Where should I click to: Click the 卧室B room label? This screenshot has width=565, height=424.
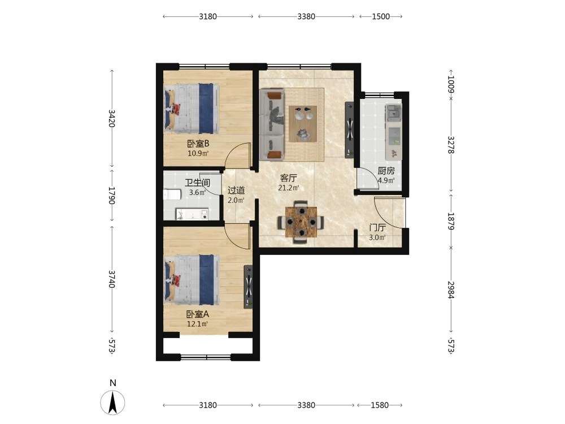pos(198,144)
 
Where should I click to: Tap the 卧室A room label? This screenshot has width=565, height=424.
pos(197,314)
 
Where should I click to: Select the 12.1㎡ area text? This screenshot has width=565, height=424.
pos(197,324)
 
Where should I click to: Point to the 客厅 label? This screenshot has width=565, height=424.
pos(289,178)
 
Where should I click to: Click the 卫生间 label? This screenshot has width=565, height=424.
pos(197,183)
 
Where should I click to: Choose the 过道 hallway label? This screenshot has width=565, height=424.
pos(236,190)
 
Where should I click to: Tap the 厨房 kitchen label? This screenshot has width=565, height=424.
pos(386,171)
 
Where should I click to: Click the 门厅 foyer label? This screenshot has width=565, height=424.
pos(377,227)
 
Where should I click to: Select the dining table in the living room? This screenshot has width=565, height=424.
pos(301,222)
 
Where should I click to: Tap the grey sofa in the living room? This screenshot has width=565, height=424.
pos(273,125)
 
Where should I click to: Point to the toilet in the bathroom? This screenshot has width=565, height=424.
pos(172,194)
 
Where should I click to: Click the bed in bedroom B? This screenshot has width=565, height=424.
pos(192,109)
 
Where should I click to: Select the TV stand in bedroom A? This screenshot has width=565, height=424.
pos(248,287)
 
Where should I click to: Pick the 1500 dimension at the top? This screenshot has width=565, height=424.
pos(381,16)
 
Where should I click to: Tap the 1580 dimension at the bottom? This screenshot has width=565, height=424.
pos(380,405)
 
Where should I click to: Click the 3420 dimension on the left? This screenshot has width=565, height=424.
pos(112,118)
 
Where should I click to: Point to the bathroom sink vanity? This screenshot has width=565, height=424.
pos(192,214)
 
